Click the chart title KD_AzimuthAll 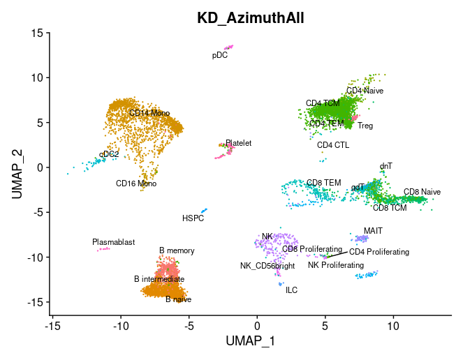pos(249,18)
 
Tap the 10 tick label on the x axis pos(392,326)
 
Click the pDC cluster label pos(220,55)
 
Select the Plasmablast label pos(113,242)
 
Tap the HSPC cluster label pos(193,218)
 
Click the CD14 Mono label pos(149,112)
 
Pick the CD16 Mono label pos(136,184)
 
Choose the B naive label pos(178,299)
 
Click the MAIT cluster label pos(373,230)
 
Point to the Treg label pos(365,126)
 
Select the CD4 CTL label pos(333,145)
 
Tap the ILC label pos(291,290)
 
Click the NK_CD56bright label pos(267,265)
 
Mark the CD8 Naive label pos(422,191)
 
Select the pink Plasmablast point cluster pos(103,248)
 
